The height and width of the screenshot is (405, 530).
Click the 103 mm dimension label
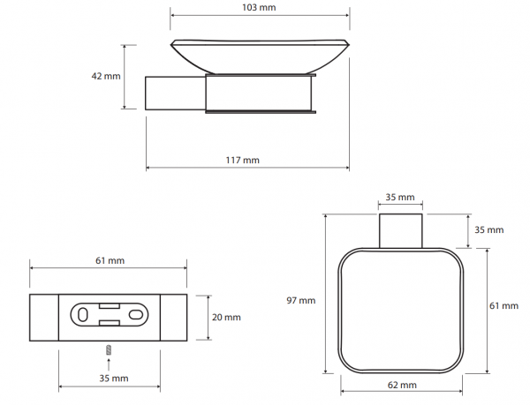tap(259, 7)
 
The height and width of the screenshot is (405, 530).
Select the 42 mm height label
tap(106, 76)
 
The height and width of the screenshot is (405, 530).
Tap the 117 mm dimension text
tap(243, 160)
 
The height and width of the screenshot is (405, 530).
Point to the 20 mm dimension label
tap(226, 318)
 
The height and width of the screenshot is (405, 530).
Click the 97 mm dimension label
tap(301, 300)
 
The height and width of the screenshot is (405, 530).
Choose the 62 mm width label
tap(402, 385)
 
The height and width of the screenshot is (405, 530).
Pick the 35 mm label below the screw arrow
tap(114, 379)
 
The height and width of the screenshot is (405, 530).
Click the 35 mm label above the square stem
tap(400, 197)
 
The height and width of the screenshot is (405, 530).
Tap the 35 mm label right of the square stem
tap(489, 229)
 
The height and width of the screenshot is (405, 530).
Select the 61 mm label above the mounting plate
tap(110, 260)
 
